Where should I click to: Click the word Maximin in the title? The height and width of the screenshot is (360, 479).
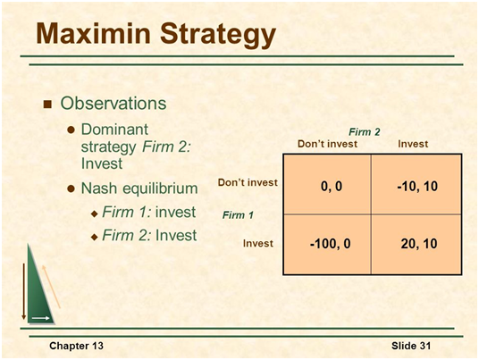[94, 33]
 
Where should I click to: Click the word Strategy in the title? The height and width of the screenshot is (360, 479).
[218, 35]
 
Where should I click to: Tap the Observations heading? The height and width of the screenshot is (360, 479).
[113, 104]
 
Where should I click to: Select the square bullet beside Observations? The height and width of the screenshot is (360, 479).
[47, 105]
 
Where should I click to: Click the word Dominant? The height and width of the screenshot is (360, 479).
[114, 130]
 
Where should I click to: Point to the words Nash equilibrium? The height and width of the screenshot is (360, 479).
[139, 188]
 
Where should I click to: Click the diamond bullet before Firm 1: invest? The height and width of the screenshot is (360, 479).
[95, 213]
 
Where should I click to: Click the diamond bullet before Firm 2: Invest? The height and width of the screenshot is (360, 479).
[95, 237]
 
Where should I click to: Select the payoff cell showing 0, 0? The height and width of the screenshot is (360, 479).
[327, 184]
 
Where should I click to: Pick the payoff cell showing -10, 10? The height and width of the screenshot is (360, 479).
[416, 184]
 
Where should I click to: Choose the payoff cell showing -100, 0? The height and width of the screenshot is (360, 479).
[327, 244]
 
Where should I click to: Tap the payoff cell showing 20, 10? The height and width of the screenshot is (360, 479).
[416, 244]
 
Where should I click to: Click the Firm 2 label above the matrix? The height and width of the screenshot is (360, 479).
[365, 132]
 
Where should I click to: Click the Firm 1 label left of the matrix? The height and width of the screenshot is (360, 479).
[238, 215]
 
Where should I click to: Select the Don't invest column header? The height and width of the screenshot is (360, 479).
[327, 144]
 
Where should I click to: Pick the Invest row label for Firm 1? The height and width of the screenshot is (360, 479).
[258, 243]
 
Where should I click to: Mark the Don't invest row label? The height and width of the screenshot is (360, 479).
[248, 182]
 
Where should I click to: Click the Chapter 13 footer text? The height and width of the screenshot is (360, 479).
[76, 346]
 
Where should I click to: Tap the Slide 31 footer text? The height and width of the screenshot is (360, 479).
[411, 346]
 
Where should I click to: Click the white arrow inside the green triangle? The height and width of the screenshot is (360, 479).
[40, 318]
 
